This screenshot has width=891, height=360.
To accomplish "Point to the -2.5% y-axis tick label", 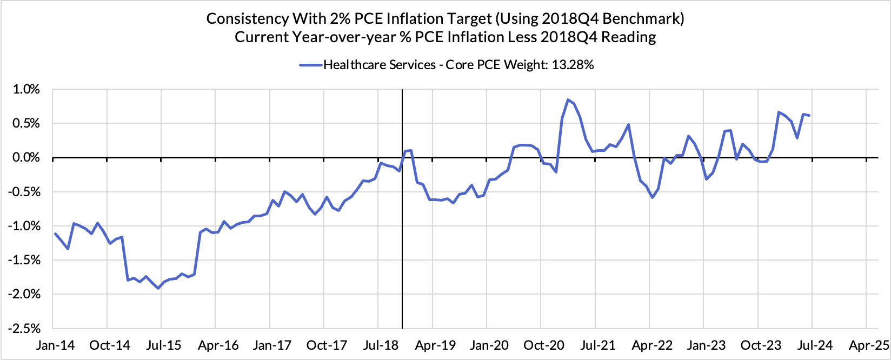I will click(24, 329).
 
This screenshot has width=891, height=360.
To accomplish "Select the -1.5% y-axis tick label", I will click(24, 261).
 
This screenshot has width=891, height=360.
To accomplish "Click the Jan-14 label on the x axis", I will click(55, 345).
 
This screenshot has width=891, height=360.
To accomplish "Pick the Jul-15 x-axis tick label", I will click(164, 345).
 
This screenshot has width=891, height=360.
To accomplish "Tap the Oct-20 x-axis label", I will click(544, 345).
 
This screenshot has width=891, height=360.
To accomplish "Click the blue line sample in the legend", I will click(311, 65).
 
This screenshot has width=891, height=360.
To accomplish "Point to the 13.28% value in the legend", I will click(572, 65).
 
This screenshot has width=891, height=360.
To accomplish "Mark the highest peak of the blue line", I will click(568, 99).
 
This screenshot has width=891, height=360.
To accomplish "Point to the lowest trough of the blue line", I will click(158, 288).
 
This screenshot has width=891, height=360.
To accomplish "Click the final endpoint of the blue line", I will click(809, 115).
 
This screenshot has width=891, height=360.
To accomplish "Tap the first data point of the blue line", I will click(56, 234).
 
